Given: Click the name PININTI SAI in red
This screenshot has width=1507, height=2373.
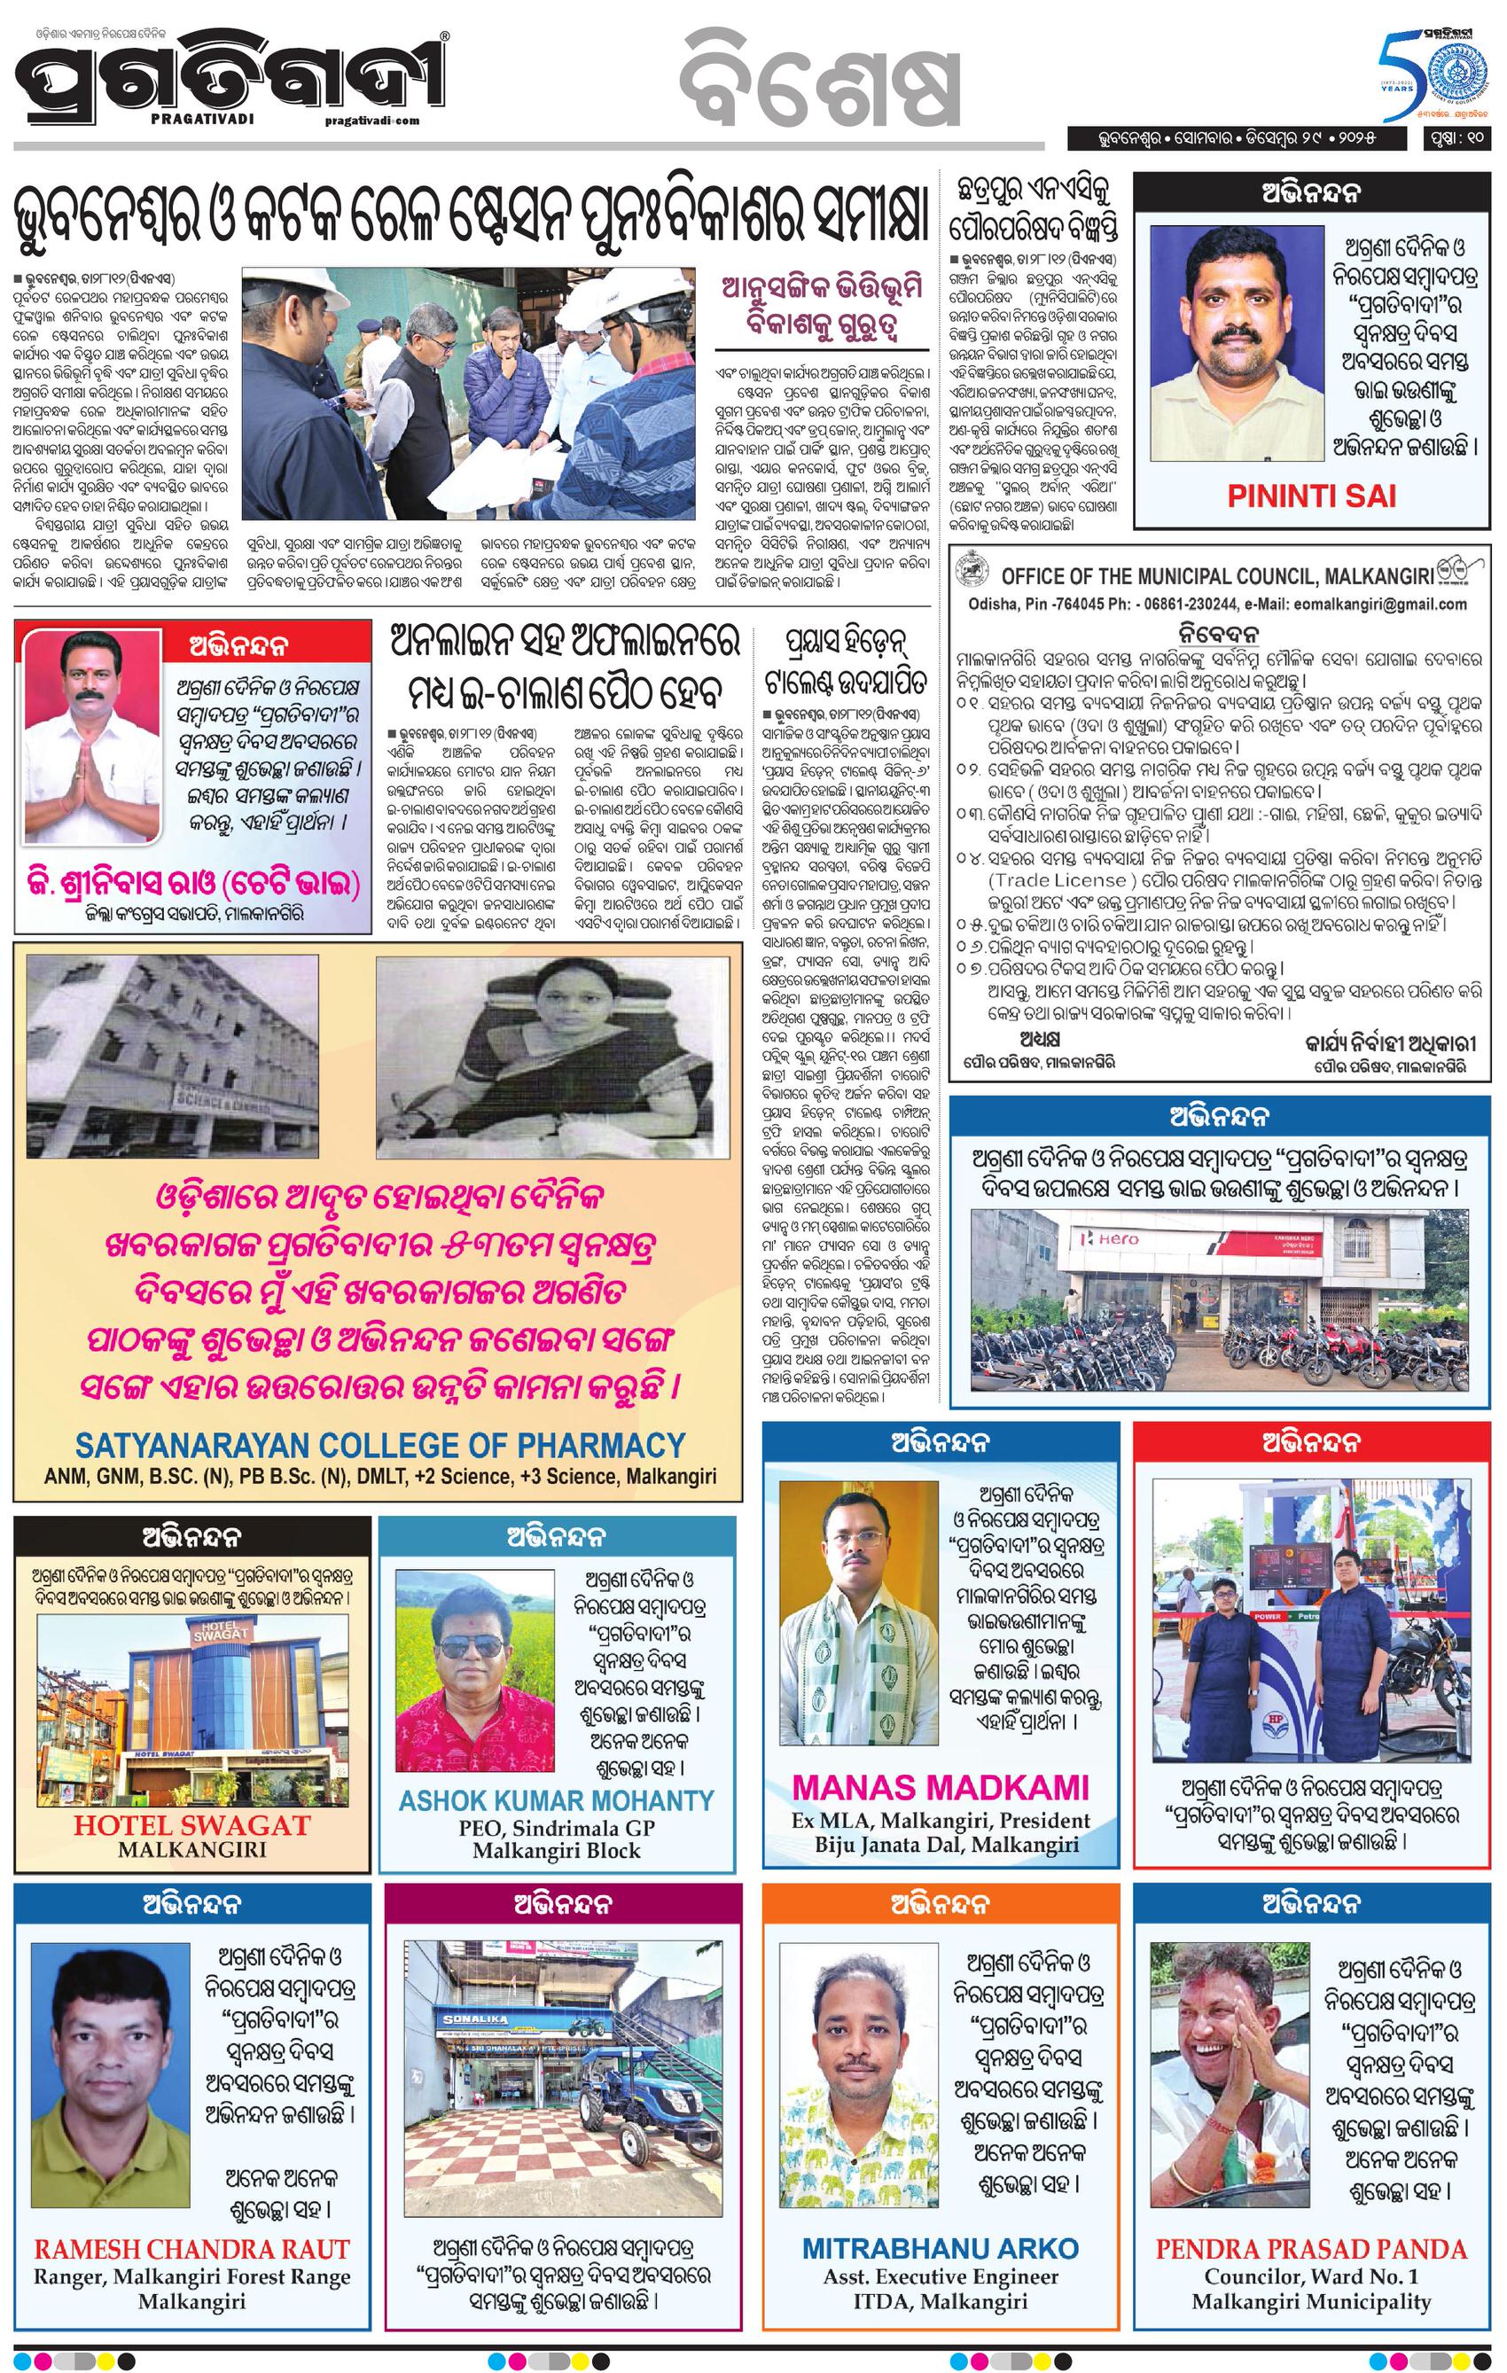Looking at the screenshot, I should click(x=1312, y=496).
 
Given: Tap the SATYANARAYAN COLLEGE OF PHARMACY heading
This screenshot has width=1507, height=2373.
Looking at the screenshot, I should click(x=379, y=1445).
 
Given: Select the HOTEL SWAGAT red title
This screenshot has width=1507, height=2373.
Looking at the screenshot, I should click(x=192, y=1824).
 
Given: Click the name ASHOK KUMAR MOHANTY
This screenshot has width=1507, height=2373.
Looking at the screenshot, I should click(x=556, y=1799).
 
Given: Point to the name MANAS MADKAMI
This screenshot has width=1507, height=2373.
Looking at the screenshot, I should click(x=941, y=1787).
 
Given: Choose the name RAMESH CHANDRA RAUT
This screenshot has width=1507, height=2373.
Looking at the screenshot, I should click(x=192, y=2249).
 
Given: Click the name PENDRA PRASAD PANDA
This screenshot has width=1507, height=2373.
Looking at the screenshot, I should click(x=1311, y=2248).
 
